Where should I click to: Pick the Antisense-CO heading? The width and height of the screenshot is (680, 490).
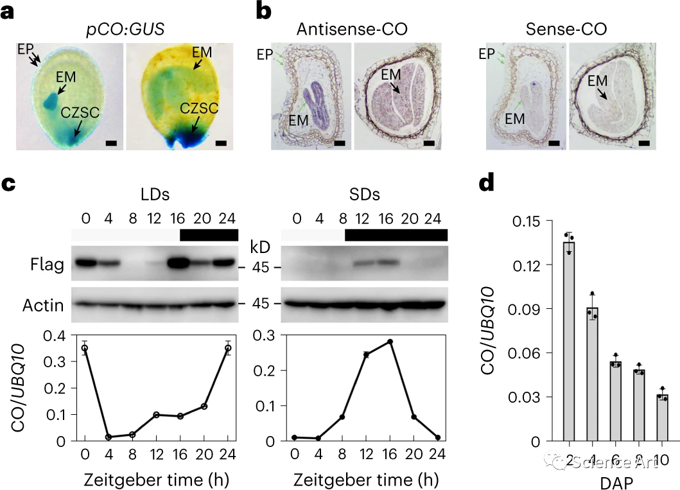(352, 29)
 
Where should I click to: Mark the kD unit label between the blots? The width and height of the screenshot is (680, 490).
(260, 247)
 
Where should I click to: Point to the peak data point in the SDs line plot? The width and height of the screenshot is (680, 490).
(390, 342)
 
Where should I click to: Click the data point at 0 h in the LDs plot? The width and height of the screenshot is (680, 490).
(85, 347)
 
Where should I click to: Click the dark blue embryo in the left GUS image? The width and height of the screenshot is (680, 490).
(49, 101)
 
